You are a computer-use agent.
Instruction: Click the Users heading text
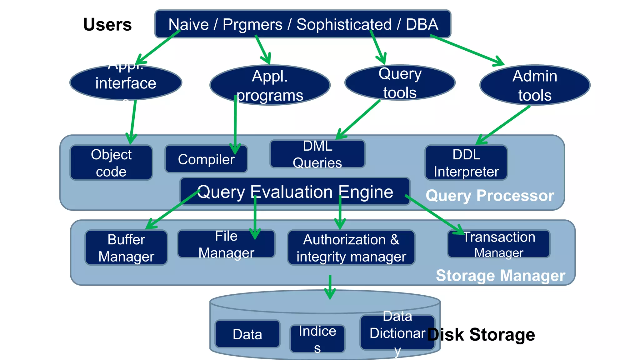(x=107, y=24)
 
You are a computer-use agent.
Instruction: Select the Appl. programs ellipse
(x=270, y=85)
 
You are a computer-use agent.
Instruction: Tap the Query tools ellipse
(x=400, y=83)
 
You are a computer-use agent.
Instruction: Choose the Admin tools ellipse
(x=535, y=85)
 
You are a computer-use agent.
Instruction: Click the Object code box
(x=111, y=163)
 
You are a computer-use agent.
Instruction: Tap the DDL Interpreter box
(x=466, y=163)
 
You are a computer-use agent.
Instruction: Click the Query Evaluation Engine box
(x=295, y=192)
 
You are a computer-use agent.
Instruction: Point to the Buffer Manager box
(x=126, y=248)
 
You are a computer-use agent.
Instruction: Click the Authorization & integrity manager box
(x=351, y=248)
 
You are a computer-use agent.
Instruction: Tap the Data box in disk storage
(x=247, y=334)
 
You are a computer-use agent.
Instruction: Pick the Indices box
(x=317, y=339)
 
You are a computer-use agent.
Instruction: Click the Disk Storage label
(x=481, y=335)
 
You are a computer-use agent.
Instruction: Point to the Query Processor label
(x=490, y=196)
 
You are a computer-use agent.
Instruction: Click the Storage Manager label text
(x=501, y=276)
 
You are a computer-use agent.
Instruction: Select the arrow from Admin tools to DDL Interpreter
(x=503, y=125)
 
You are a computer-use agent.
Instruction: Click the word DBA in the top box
(x=422, y=24)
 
